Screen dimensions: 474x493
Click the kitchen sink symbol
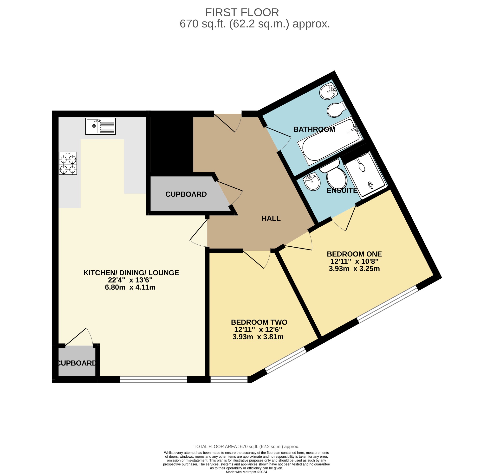pos(100,126)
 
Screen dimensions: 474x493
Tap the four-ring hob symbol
pos(68,163)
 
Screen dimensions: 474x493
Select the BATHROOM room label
pos(314,129)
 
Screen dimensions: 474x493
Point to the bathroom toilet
pos(336,110)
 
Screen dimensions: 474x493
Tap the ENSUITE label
pos(342,190)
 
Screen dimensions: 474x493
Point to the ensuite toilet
pos(336,175)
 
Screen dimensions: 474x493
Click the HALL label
pos(271,218)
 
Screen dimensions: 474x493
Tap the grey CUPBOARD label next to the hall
pos(186,194)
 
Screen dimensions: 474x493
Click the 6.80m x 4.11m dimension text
pos(130,287)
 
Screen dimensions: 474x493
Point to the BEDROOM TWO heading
pos(259,322)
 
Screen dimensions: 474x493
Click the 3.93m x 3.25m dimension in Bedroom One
pos(354,269)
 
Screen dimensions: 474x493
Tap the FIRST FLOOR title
pos(242,13)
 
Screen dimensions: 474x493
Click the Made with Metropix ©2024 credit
pos(246,472)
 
